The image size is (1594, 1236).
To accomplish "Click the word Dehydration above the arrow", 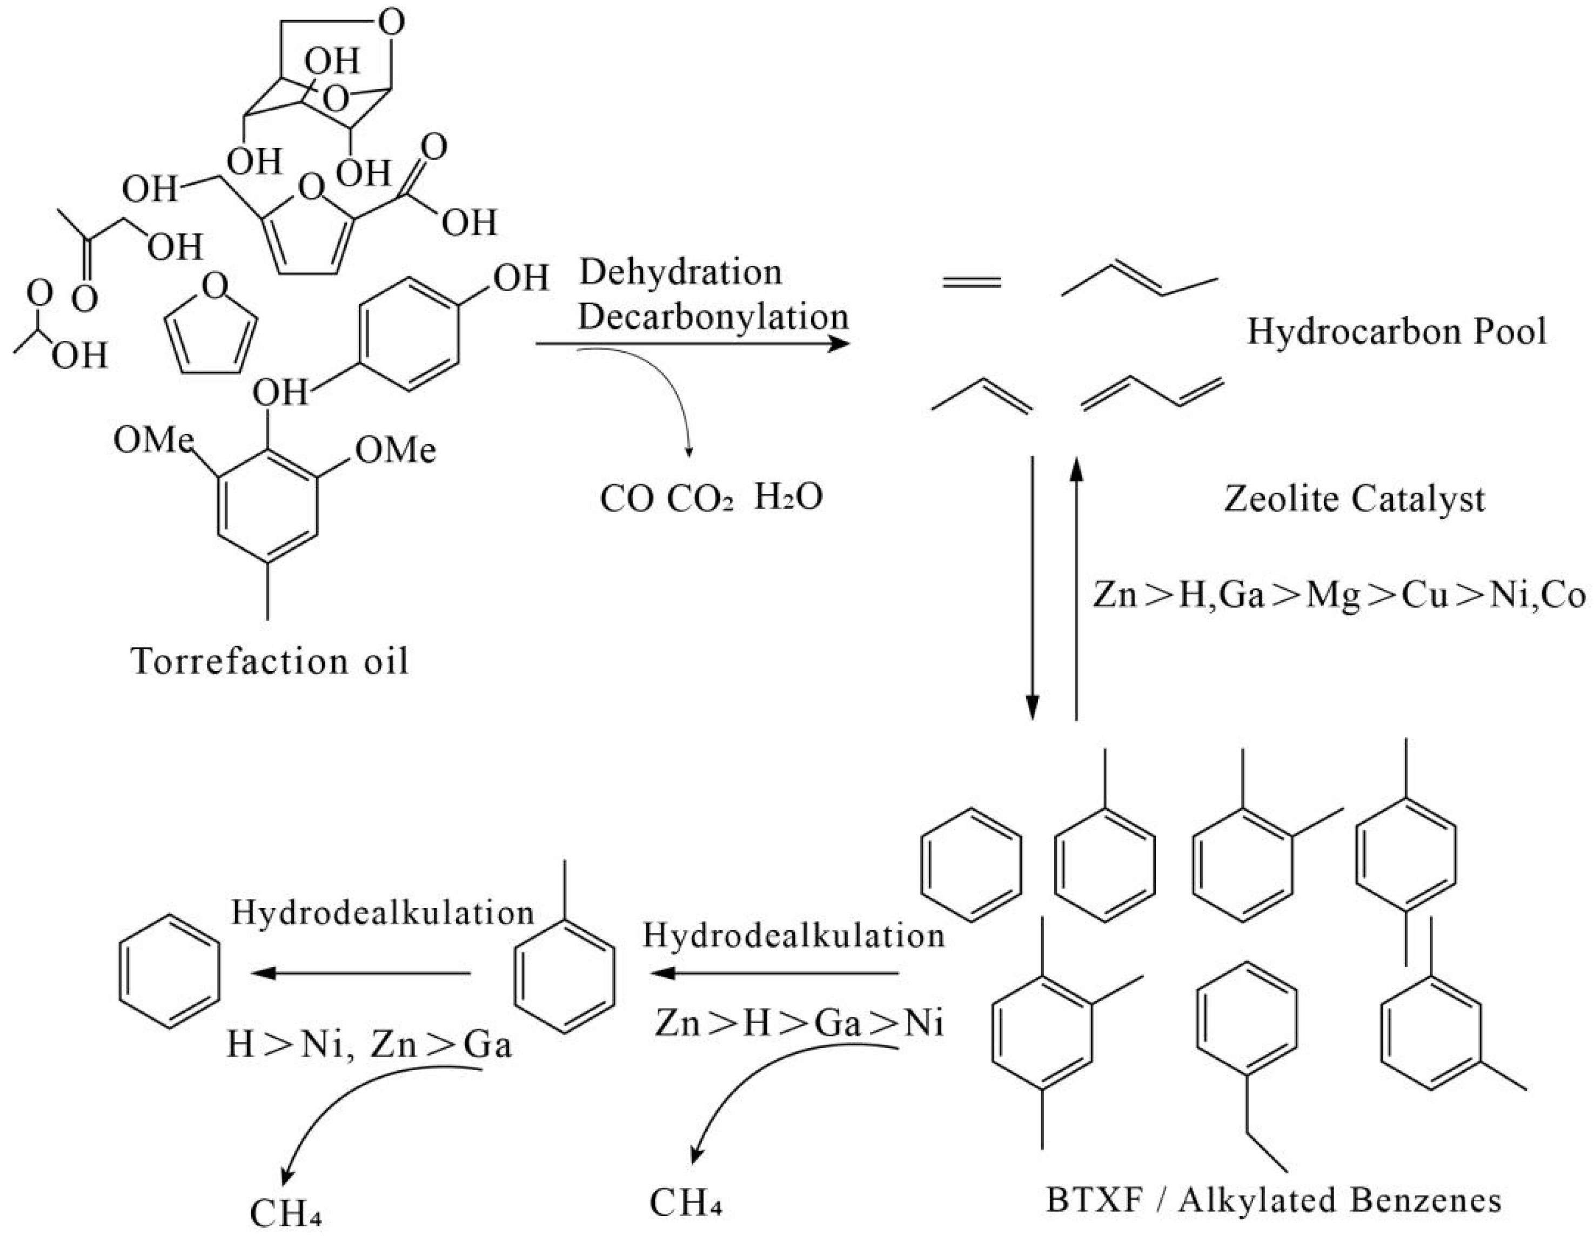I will [x=680, y=273].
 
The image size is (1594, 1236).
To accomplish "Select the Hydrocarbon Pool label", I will [x=1396, y=332].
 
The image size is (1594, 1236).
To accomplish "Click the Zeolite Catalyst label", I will [x=1354, y=500].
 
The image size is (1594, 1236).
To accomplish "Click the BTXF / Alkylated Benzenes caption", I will [x=1274, y=1200].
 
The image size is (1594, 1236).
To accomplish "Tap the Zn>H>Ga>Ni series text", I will [x=799, y=1023].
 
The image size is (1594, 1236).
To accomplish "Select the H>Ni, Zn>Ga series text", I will [x=369, y=1045].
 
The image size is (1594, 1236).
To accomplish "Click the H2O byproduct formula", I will [x=788, y=498].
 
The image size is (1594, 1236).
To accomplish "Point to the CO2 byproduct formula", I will [x=700, y=500].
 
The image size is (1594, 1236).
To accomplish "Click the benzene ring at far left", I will [x=169, y=972].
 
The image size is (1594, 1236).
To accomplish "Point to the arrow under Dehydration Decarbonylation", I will [x=693, y=343].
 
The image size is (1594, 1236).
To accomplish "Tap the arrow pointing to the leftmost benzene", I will [x=361, y=973].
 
